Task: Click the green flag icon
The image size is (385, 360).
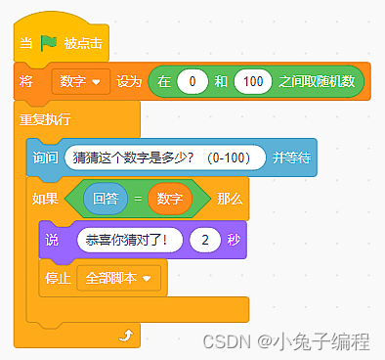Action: coord(49,44)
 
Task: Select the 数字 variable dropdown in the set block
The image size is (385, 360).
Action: coord(82,81)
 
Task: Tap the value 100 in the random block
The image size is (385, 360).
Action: coord(252,81)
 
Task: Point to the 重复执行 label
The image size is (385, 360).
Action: coord(45,119)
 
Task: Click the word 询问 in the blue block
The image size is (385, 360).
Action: coord(46,157)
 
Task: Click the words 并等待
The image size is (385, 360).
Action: coord(291,157)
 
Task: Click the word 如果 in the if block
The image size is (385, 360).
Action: coord(46,199)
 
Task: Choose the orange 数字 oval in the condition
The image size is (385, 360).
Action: coord(170,199)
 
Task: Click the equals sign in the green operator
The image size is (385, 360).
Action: coord(138,199)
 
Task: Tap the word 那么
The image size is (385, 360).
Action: coord(230,199)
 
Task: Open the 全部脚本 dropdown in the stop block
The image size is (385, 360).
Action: coord(118,278)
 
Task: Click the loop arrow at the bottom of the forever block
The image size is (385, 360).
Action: coord(124,336)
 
